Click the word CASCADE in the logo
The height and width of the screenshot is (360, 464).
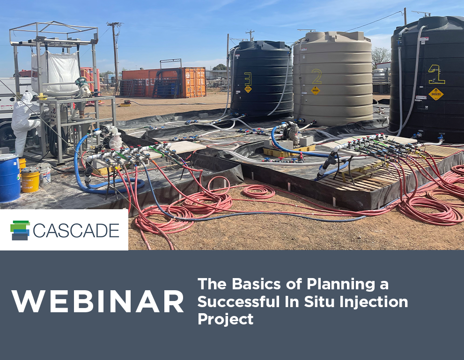pyautogui.click(x=76, y=230)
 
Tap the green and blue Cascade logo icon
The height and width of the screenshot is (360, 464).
pyautogui.click(x=20, y=230)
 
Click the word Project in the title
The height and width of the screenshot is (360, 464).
pyautogui.click(x=225, y=319)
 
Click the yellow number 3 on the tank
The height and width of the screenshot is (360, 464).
pyautogui.click(x=248, y=78)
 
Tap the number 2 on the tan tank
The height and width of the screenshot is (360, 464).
pyautogui.click(x=317, y=76)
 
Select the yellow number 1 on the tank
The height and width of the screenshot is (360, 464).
pyautogui.click(x=435, y=74)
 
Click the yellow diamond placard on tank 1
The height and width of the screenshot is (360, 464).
pyautogui.click(x=436, y=94)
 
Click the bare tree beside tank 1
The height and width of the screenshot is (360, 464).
pyautogui.click(x=381, y=55)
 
